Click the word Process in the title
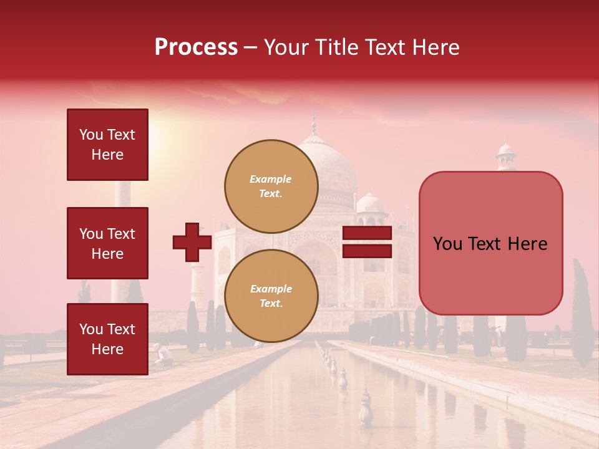[196, 47]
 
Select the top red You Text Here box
[107, 145]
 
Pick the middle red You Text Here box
[107, 243]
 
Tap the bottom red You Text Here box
[107, 339]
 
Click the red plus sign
[192, 243]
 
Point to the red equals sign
[368, 243]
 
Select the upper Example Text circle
[271, 186]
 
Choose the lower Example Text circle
[271, 296]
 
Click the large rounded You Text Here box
[490, 243]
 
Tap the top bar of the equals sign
[368, 233]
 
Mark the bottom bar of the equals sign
[368, 251]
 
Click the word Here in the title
[436, 47]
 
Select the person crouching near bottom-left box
[164, 354]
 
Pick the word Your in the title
[286, 47]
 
